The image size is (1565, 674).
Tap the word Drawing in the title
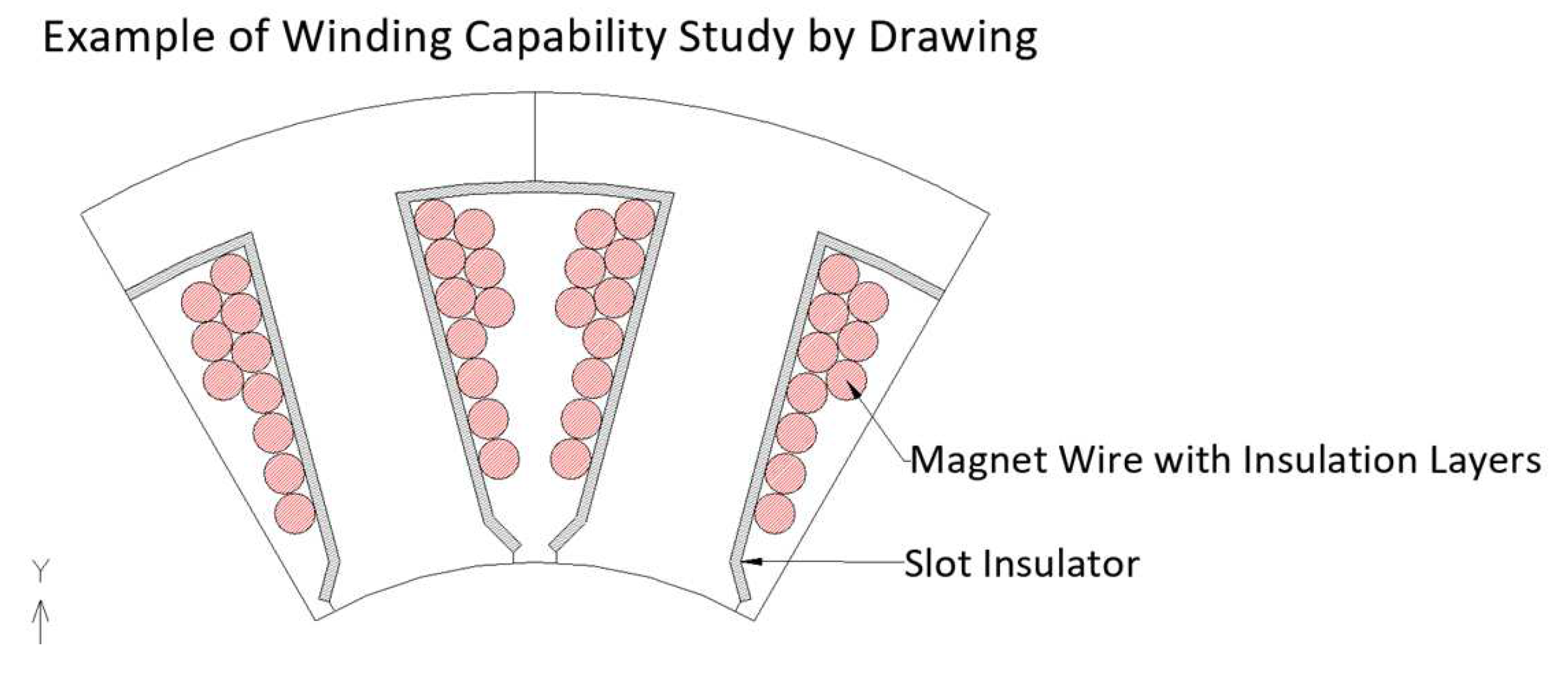tap(952, 38)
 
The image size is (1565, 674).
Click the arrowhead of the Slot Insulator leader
tap(751, 562)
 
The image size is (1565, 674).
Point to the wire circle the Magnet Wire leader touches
tap(848, 380)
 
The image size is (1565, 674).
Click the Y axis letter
tap(40, 570)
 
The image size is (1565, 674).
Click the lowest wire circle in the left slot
tap(295, 514)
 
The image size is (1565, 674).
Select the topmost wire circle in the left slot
tap(231, 274)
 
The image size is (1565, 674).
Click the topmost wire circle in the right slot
tap(839, 274)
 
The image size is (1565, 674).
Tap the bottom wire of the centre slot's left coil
tap(499, 459)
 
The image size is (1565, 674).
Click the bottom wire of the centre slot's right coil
tap(570, 459)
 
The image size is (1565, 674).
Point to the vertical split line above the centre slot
tap(534, 136)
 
